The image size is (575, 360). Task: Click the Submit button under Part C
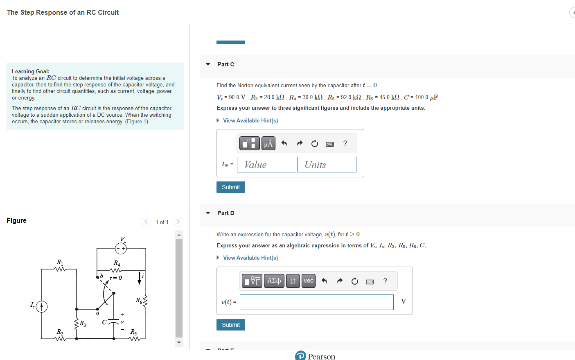coord(230,187)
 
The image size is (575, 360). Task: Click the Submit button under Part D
coord(230,325)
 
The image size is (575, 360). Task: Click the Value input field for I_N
coord(266,165)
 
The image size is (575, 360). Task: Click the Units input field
coord(327,165)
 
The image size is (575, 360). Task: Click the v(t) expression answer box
coord(316,302)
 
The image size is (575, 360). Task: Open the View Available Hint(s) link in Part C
coord(250,120)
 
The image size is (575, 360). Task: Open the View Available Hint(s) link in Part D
coord(250,258)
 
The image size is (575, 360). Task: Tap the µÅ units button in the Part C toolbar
coord(268,143)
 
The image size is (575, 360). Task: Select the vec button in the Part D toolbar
coord(309,281)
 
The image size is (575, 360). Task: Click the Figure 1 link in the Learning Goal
coord(136,122)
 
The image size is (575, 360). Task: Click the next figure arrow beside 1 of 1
coord(178,222)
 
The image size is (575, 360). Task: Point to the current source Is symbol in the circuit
coord(41,306)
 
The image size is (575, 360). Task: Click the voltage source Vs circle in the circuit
coord(121,248)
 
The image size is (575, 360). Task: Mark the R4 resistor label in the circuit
coord(117,263)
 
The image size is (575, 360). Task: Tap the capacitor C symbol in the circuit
coord(113,322)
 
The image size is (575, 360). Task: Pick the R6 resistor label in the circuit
coord(139,301)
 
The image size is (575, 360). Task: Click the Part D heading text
coord(226,213)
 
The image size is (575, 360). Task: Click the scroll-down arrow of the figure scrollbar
coord(179,342)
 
